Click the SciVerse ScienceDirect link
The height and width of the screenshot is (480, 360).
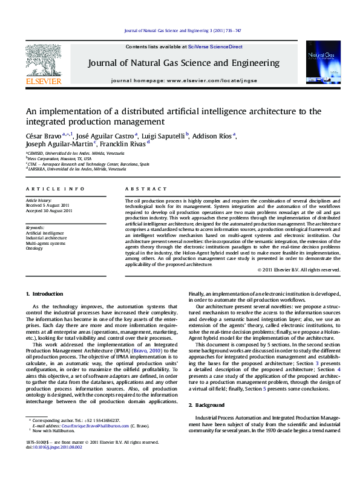click(215, 47)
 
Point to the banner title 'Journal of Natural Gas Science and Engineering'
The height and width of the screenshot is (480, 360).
click(184, 63)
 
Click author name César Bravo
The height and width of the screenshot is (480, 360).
click(45, 135)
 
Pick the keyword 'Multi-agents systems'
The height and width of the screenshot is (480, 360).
click(45, 243)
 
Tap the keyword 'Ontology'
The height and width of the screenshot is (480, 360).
click(34, 248)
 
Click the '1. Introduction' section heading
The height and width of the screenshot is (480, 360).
click(44, 294)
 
